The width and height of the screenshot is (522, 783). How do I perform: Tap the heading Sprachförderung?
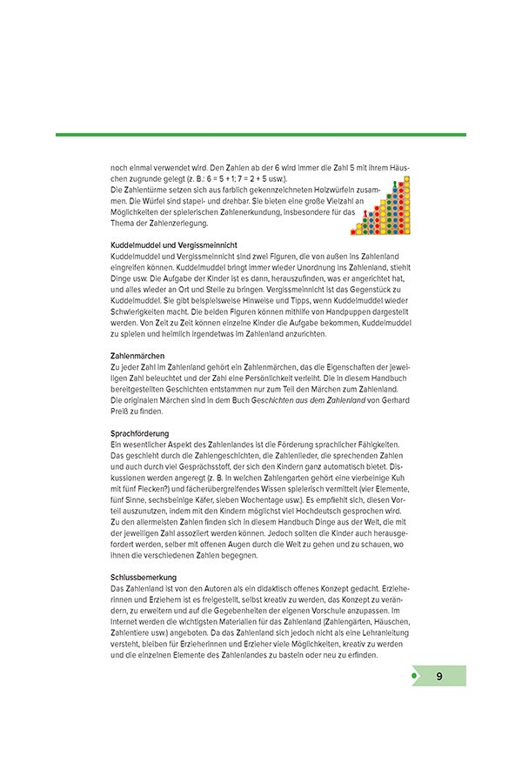[139, 433]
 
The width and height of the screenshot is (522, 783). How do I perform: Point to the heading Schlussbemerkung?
[144, 577]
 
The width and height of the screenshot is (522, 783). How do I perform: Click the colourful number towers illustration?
[378, 210]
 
